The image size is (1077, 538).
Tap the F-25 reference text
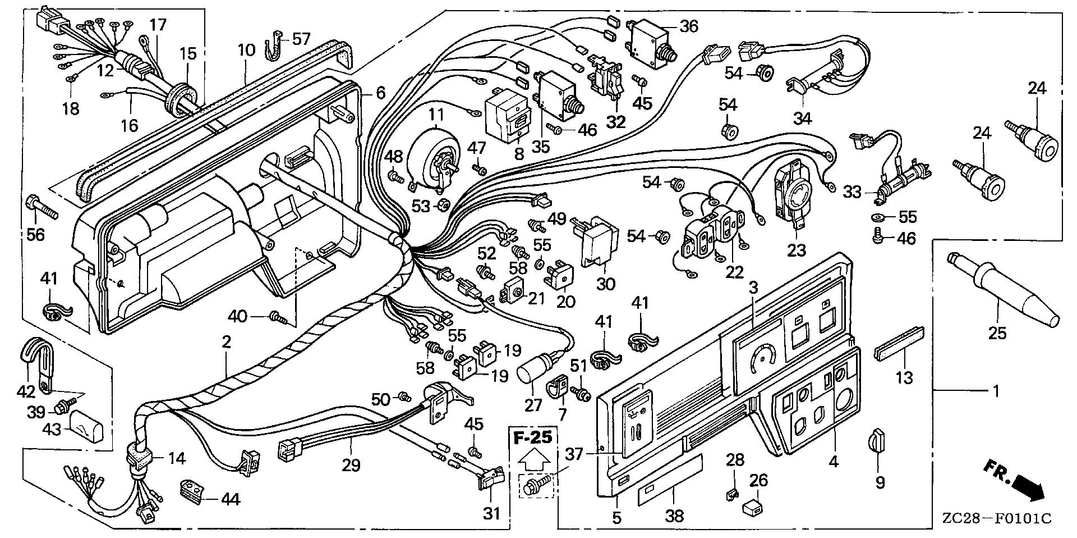pos(534,436)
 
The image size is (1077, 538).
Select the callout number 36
pos(689,26)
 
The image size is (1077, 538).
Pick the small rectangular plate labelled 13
pos(896,355)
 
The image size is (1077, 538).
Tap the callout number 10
pos(246,51)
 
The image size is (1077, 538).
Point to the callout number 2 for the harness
pos(226,343)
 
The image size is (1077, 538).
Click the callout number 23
pos(797,250)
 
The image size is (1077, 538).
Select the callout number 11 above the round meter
pos(436,115)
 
